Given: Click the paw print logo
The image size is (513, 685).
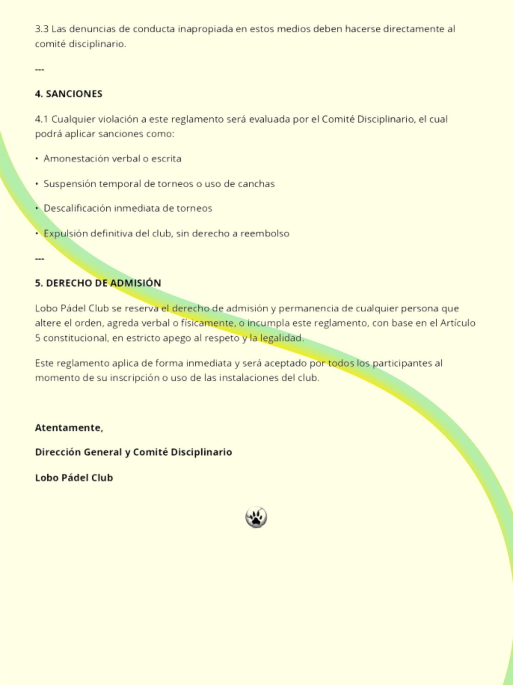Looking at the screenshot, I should (256, 517).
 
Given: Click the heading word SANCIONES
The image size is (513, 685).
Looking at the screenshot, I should (74, 94).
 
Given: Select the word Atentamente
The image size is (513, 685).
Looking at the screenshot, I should (68, 428).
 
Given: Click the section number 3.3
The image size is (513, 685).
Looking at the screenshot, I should (42, 29).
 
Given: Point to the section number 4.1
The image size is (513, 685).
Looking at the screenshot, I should (42, 119).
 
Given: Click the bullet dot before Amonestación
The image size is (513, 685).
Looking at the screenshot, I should (37, 159).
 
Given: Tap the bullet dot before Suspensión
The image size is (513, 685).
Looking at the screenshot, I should (37, 184).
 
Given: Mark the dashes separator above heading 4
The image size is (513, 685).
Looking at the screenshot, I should (39, 70).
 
